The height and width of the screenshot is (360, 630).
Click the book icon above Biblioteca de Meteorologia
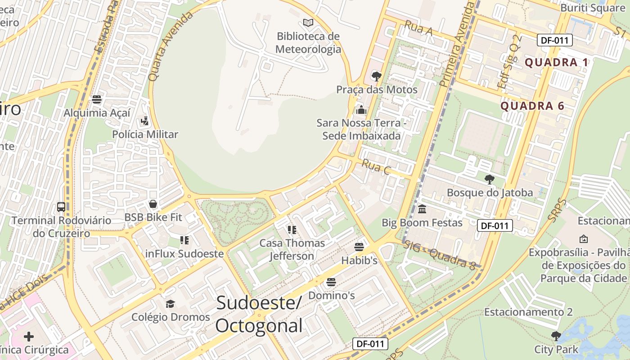308,22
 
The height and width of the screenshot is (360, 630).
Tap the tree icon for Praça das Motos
377,76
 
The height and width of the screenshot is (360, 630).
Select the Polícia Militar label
145,134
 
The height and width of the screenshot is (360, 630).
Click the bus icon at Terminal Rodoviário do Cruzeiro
61,207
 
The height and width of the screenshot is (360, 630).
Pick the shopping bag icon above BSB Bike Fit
153,204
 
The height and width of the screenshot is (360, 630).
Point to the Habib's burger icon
359,247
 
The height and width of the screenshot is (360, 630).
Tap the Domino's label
331,296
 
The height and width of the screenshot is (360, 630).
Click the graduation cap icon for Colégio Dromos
170,304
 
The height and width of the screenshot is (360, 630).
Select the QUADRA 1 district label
557,63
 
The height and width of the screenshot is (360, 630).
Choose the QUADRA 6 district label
532,106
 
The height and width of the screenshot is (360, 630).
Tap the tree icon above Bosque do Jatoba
489,180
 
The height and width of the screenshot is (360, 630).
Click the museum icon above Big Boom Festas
422,209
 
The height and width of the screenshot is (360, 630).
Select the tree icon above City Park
556,336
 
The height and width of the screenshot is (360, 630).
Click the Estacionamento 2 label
528,312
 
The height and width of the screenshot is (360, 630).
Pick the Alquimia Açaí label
97,112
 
